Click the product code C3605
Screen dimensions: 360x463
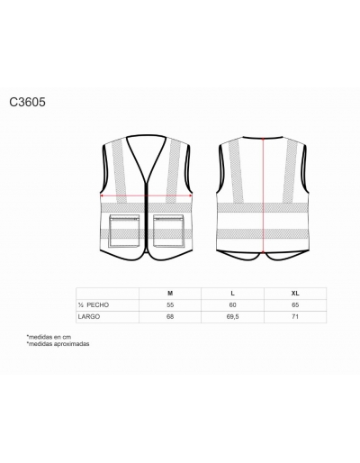[27, 102]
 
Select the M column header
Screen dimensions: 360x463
[170, 294]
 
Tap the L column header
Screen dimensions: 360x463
[233, 294]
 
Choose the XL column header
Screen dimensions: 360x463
[295, 294]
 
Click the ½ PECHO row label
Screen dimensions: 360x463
[94, 305]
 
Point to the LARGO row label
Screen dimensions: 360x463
[89, 317]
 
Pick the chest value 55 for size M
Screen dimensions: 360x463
[170, 305]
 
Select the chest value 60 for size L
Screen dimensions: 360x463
[232, 305]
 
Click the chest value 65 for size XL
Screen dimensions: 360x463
[295, 305]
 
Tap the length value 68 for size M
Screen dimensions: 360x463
[170, 317]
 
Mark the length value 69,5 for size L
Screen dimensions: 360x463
[233, 317]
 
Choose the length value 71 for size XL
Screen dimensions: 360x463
[295, 317]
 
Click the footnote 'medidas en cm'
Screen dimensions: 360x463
[49, 337]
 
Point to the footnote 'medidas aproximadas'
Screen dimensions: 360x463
[58, 344]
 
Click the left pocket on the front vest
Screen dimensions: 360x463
[124, 231]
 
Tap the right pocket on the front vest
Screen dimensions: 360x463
[168, 231]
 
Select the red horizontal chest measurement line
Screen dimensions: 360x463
[146, 195]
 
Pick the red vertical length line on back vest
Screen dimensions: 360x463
[263, 195]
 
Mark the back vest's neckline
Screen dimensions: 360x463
[263, 138]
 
